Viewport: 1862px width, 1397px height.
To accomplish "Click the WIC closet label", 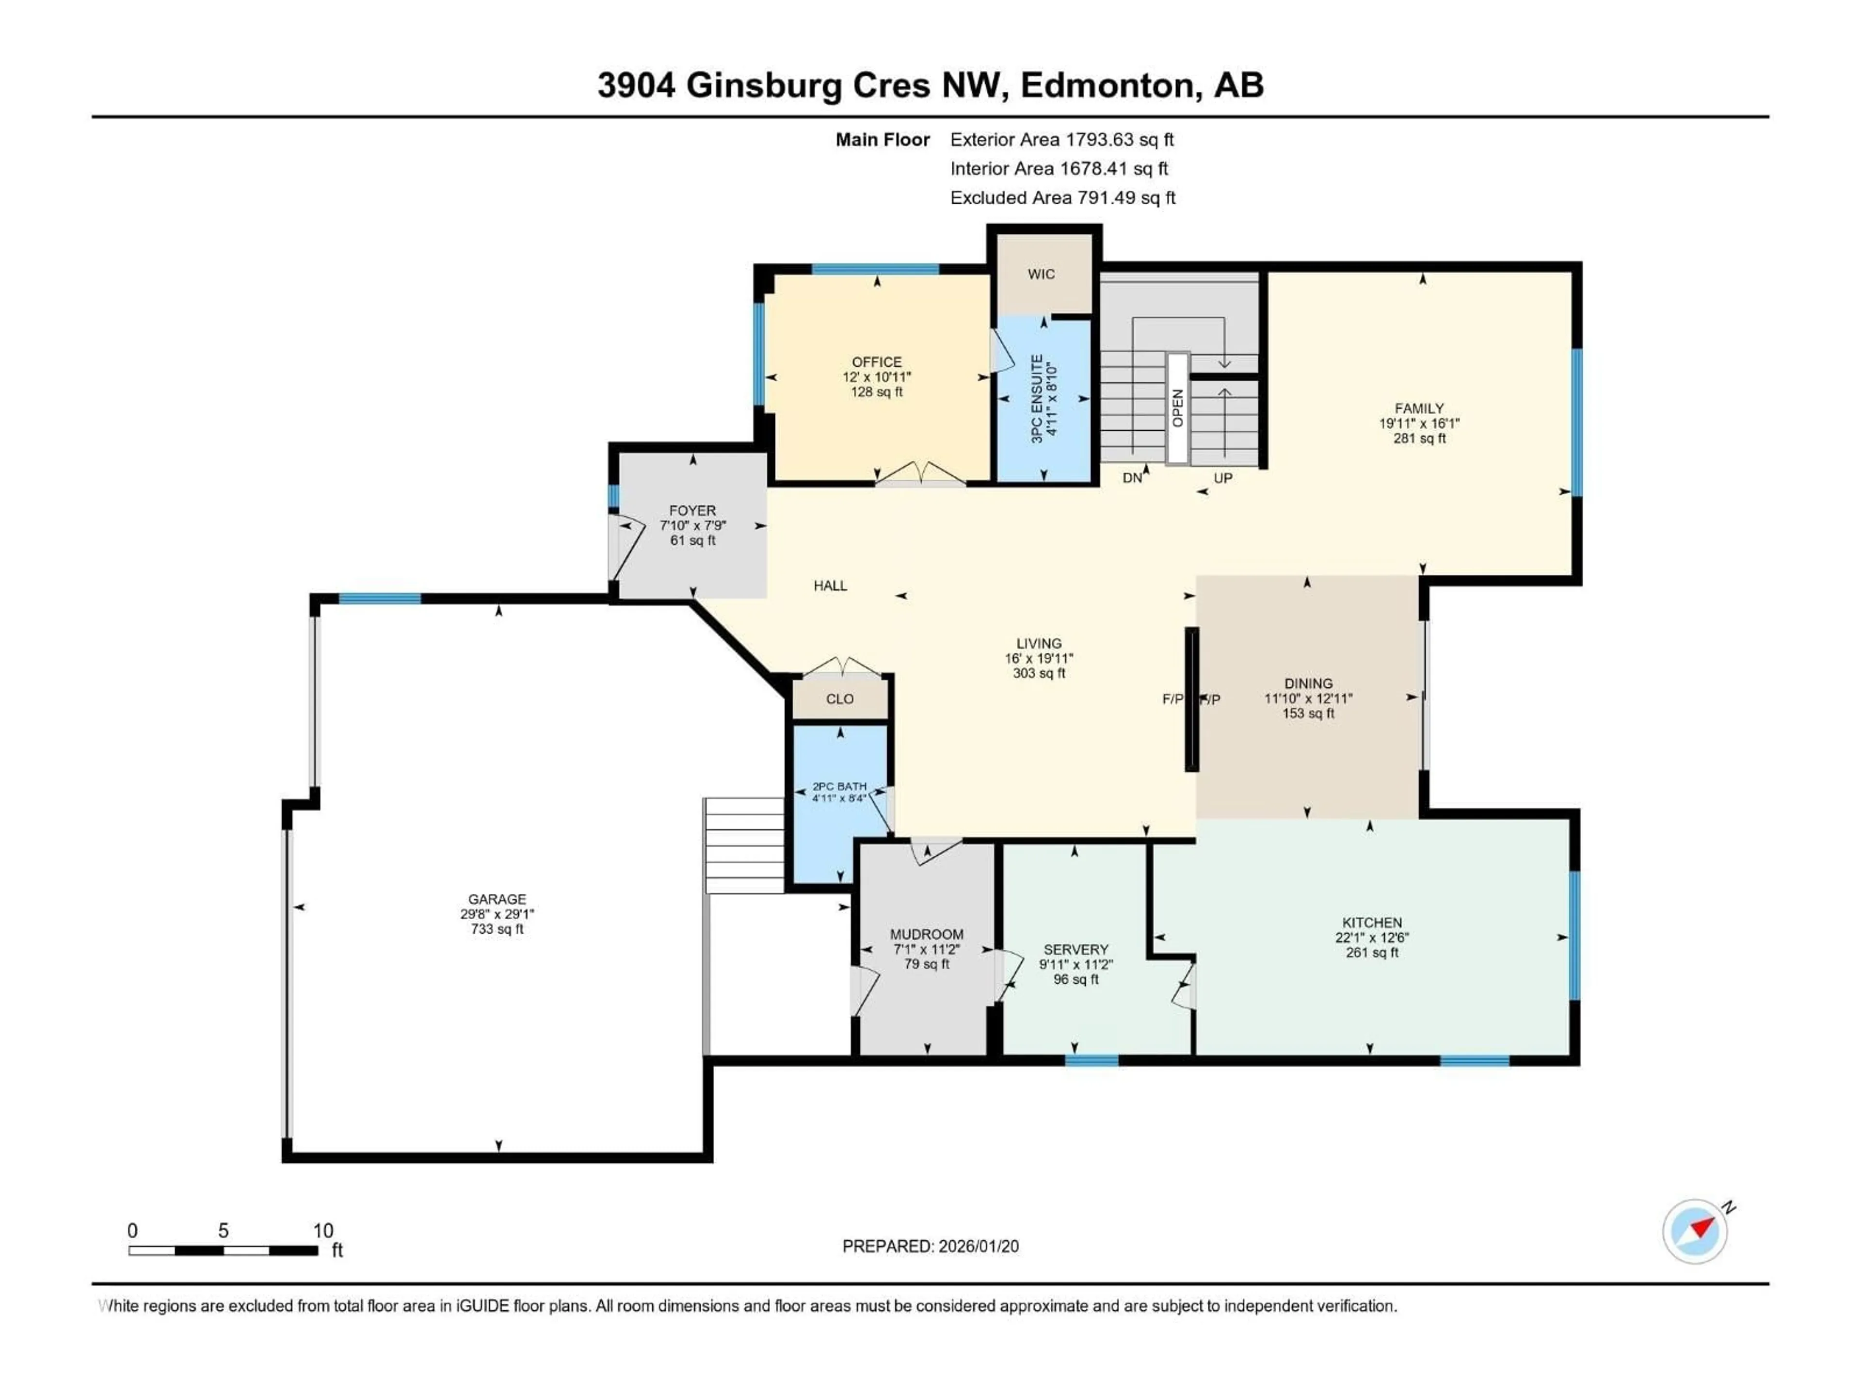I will pyautogui.click(x=1041, y=275).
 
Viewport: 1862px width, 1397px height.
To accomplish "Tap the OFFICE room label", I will pyautogui.click(x=876, y=362).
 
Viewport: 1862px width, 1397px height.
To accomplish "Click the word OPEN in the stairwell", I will pyautogui.click(x=1178, y=408).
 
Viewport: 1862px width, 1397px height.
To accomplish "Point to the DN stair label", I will pyautogui.click(x=1132, y=478).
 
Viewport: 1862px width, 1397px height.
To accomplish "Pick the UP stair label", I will pyautogui.click(x=1222, y=478).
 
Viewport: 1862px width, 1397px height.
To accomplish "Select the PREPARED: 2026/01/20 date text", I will pyautogui.click(x=930, y=1246).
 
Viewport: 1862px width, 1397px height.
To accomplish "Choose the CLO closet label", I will pyautogui.click(x=839, y=699).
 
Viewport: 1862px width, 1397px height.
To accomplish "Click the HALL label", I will pyautogui.click(x=830, y=586).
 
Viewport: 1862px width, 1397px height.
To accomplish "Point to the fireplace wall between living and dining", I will pyautogui.click(x=1191, y=699).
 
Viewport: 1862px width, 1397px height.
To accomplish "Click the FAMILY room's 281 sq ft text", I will pyautogui.click(x=1419, y=439).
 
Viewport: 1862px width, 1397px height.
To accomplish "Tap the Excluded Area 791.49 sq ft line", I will pyautogui.click(x=1062, y=198).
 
